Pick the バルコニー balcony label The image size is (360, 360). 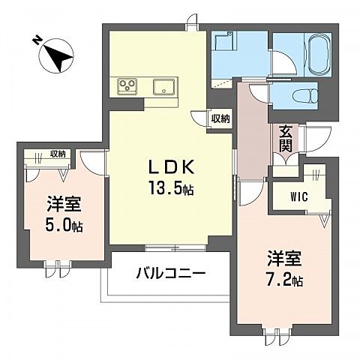tap(170, 274)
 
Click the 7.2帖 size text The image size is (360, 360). tap(286, 282)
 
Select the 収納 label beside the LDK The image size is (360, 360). tap(220, 118)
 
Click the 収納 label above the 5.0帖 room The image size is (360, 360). tap(57, 154)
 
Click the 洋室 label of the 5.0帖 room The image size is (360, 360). tap(64, 203)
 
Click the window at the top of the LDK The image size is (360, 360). tap(193, 19)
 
